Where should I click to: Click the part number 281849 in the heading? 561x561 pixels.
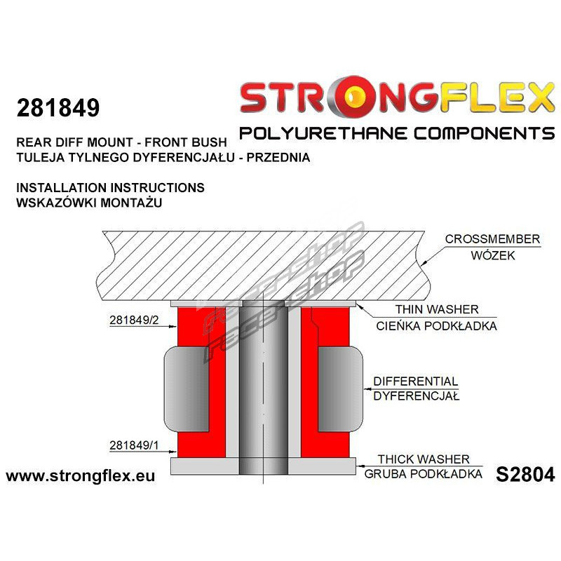[x=58, y=108]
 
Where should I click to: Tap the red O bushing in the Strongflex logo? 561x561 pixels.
[x=355, y=97]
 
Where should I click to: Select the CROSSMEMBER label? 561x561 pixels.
[x=492, y=239]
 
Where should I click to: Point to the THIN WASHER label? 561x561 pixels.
[x=437, y=309]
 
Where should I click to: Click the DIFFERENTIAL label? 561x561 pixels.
[x=415, y=381]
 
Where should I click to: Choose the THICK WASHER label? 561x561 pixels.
[x=424, y=459]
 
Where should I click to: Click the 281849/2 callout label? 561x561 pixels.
[x=134, y=320]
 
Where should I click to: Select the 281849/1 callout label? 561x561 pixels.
[x=134, y=445]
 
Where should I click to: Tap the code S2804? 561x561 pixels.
[x=525, y=475]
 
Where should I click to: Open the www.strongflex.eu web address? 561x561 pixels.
[x=81, y=476]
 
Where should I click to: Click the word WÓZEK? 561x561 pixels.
[x=493, y=255]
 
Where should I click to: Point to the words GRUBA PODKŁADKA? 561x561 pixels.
[x=424, y=474]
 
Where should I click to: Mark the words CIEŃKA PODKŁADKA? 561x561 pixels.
[x=436, y=325]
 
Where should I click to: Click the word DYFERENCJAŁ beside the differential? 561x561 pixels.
[x=416, y=396]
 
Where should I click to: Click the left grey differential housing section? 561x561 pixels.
[x=187, y=389]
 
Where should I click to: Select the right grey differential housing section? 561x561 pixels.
[x=341, y=389]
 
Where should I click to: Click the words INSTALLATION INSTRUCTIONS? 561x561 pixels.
[x=110, y=187]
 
